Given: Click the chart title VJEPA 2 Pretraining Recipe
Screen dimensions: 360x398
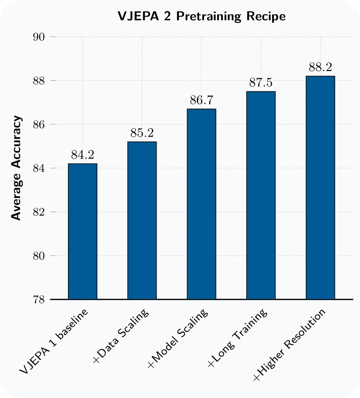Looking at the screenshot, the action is pos(202,17).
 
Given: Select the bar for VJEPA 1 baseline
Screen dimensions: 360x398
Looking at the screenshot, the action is pos(82,231).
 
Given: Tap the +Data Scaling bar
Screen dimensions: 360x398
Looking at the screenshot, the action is pos(142,221).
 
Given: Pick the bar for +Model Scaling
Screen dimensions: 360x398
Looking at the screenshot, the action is pos(202,204).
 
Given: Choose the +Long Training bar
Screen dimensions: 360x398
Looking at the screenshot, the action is pos(261,196).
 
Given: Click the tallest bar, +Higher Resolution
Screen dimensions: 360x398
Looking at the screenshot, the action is pos(320,188).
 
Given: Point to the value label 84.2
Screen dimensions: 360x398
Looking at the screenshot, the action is pos(82,155).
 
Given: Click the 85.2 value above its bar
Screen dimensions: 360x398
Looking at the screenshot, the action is pos(142,133).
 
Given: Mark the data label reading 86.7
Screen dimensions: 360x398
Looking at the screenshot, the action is pos(202,100).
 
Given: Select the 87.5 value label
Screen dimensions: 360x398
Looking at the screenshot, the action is pos(261,83).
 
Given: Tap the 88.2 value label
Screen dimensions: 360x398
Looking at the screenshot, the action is pos(320,67).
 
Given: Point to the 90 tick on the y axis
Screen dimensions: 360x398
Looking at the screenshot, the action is pos(39,37).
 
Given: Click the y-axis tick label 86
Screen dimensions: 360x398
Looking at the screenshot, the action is pos(39,125).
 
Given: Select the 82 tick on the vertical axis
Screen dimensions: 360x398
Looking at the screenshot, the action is pos(39,212).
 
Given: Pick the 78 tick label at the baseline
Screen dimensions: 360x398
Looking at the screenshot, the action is pos(39,300).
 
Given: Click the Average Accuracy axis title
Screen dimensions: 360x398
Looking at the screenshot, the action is pos(16,168).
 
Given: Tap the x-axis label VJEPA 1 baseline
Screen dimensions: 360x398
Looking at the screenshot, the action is pos(54,341).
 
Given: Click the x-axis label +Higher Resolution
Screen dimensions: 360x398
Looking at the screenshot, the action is pos(289,345).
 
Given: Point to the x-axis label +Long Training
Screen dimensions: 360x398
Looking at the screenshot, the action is pos(237,338).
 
